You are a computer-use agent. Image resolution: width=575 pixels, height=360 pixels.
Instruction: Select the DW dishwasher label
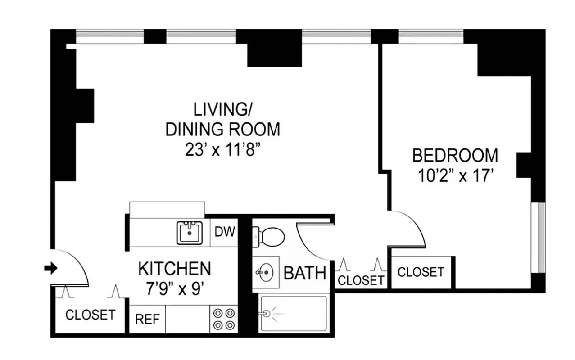pos(224,232)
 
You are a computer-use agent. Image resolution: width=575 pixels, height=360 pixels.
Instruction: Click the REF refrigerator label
pos(147,319)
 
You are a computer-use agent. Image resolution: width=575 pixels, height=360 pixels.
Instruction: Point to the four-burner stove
pos(224,319)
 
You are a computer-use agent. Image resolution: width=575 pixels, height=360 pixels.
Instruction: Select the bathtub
pos(293,314)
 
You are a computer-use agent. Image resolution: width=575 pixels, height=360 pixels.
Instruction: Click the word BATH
pos(305,273)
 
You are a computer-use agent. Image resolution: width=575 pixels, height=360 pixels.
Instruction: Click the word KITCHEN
pos(174,269)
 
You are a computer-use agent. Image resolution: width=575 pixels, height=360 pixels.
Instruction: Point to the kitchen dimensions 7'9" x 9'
pos(174,288)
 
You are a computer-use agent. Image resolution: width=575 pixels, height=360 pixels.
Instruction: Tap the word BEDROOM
pos(455,156)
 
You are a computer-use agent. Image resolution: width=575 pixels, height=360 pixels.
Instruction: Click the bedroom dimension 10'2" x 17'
pos(455,176)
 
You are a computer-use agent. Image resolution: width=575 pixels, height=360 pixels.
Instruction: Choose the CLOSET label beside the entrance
pos(90,315)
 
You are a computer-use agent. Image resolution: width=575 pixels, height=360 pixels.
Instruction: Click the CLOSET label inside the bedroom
pos(421,272)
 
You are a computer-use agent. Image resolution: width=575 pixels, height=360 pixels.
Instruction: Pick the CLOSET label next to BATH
pos(361,280)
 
